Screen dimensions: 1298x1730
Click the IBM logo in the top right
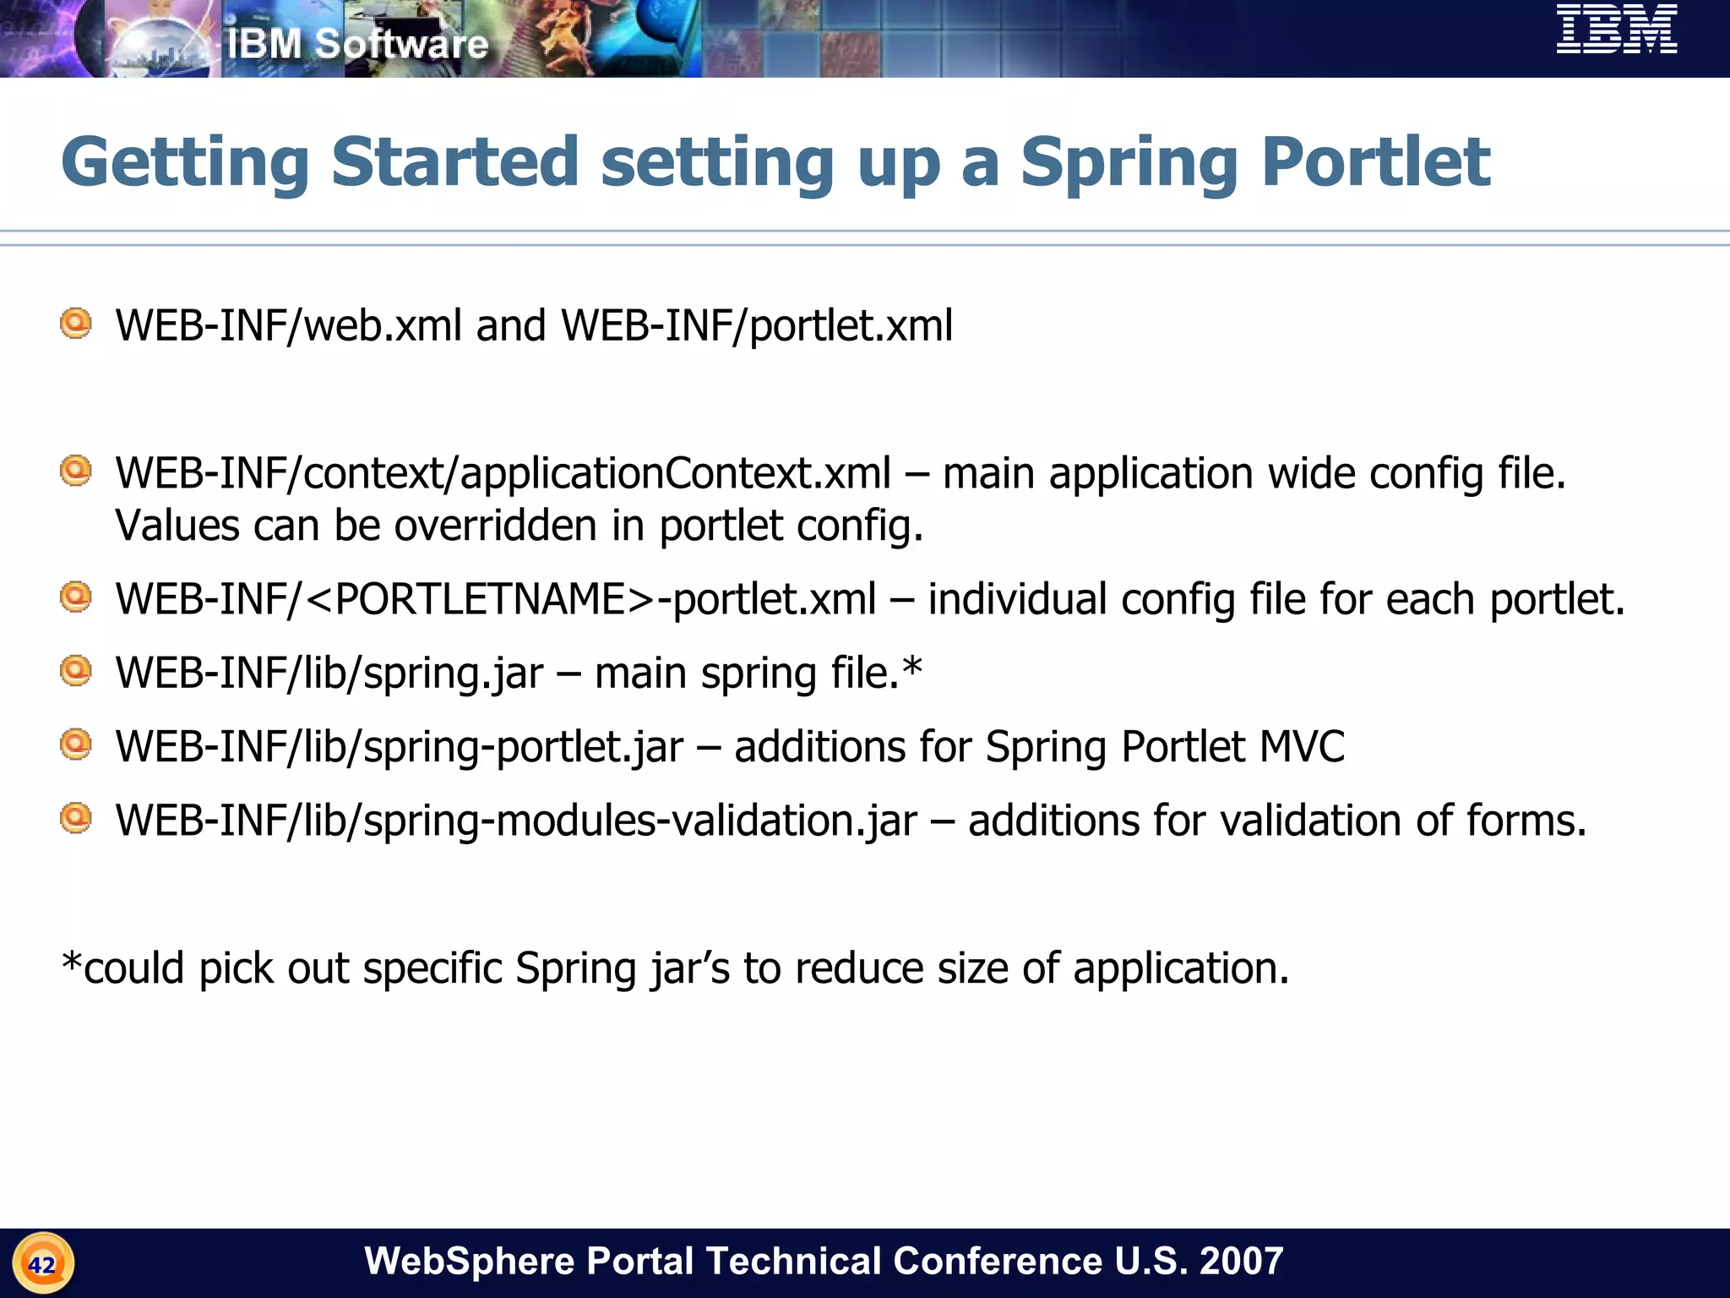click(x=1616, y=30)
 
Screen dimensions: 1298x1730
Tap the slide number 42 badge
click(x=43, y=1264)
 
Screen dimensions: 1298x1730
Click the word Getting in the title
click(x=185, y=162)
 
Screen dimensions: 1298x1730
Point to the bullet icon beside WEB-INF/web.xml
click(x=76, y=324)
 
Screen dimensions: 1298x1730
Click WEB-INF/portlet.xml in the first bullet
click(x=757, y=326)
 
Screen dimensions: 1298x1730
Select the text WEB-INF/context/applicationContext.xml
click(x=503, y=473)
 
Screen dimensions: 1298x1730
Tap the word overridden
click(x=495, y=526)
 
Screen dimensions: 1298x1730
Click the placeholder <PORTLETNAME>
click(x=479, y=599)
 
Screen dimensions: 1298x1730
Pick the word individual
click(x=1017, y=599)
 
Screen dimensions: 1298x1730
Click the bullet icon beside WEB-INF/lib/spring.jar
click(x=76, y=671)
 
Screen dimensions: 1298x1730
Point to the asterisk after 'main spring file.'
click(x=912, y=668)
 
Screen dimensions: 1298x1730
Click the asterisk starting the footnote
click(x=72, y=963)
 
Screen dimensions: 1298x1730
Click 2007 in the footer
click(x=1241, y=1261)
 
